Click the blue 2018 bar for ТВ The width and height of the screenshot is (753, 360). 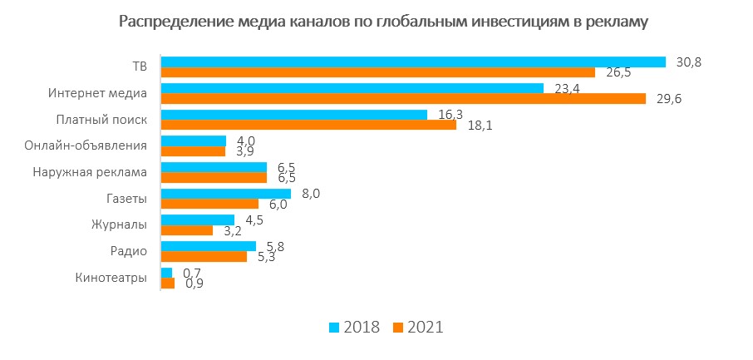pos(413,62)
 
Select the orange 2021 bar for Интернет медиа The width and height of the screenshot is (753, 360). pos(403,99)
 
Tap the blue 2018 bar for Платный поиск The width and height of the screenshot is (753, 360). pos(293,115)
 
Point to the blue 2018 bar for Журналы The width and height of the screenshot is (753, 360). pos(197,220)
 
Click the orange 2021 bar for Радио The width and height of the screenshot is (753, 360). pos(204,257)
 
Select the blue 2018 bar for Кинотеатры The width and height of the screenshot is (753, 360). pos(166,273)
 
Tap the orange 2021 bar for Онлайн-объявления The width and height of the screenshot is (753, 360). pos(193,151)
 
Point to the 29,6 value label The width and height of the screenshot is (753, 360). pos(667,99)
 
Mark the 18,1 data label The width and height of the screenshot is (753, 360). pos(478,126)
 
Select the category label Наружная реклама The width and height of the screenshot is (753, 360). pos(91,173)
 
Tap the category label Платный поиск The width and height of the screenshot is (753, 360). pos(101,120)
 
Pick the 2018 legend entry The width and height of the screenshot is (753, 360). pos(356,327)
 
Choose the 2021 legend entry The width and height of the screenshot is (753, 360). pos(420,327)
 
